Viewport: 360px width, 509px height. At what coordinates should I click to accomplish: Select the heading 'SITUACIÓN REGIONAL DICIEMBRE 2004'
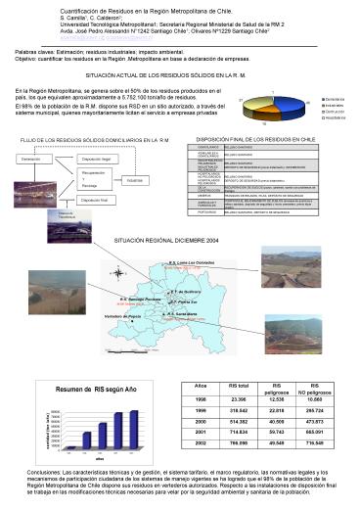[162, 240]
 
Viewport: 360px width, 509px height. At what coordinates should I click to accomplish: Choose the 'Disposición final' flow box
[94, 199]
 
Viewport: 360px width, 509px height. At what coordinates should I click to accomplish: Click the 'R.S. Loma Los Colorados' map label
[190, 263]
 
